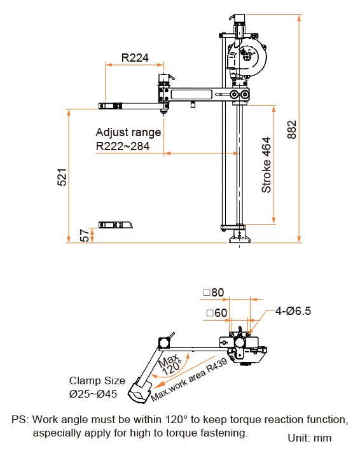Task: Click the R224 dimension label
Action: pos(135,58)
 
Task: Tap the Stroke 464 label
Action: pos(267,165)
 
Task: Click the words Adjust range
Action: pos(128,132)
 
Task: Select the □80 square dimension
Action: pos(214,293)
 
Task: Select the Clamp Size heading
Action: pos(97,380)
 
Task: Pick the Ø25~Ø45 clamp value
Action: pos(93,394)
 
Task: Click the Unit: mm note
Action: pos(309,438)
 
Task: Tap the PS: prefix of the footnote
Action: pos(20,420)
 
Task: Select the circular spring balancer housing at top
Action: pos(253,60)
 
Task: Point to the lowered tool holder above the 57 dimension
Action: pos(115,225)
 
